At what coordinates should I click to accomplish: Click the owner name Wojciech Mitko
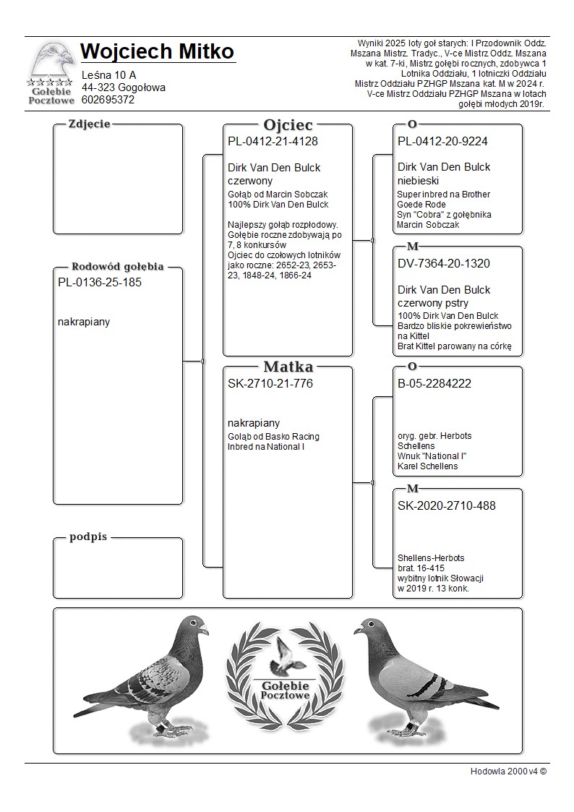click(158, 52)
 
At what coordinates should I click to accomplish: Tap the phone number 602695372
click(108, 100)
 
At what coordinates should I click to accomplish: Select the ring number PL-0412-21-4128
click(273, 142)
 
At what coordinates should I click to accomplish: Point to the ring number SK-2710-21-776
click(270, 384)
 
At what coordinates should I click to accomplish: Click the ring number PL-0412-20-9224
click(442, 142)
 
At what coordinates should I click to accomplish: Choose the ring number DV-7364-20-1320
click(444, 264)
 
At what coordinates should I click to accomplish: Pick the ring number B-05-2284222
click(434, 384)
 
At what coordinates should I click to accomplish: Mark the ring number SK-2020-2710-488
click(447, 505)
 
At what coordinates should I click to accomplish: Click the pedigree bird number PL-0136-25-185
click(100, 283)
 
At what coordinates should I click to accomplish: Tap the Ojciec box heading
click(288, 124)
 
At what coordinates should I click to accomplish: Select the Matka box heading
click(288, 367)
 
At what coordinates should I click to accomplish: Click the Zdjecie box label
click(89, 124)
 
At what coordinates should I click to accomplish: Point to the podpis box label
click(88, 537)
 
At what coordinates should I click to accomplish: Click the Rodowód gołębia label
click(117, 266)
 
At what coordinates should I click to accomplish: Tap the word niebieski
click(418, 181)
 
